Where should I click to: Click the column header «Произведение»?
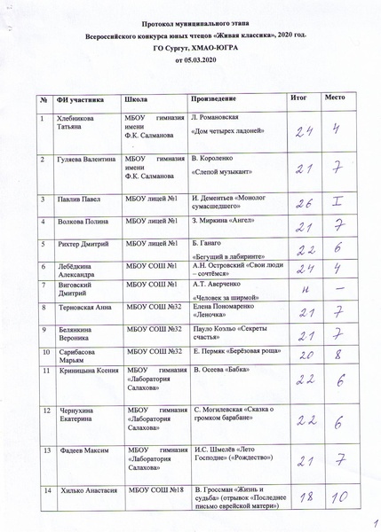click(214, 99)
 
